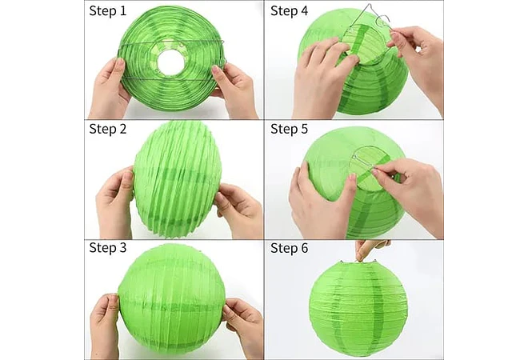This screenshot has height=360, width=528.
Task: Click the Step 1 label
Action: pyautogui.click(x=108, y=10)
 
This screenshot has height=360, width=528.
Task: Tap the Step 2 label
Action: pyautogui.click(x=108, y=129)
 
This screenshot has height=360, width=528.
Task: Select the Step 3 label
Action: pyautogui.click(x=108, y=247)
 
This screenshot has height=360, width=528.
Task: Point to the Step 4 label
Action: pyautogui.click(x=290, y=10)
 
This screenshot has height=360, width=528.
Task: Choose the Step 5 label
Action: pyautogui.click(x=290, y=129)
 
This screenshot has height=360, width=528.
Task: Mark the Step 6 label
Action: pyautogui.click(x=290, y=248)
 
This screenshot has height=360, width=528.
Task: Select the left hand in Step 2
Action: pyautogui.click(x=114, y=202)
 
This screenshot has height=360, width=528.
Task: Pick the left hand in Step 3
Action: pyautogui.click(x=105, y=325)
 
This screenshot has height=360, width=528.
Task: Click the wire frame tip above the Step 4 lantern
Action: pyautogui.click(x=370, y=4)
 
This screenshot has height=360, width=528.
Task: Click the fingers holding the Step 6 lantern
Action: pyautogui.click(x=370, y=250)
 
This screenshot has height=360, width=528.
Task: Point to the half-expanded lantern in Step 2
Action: pyautogui.click(x=178, y=178)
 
